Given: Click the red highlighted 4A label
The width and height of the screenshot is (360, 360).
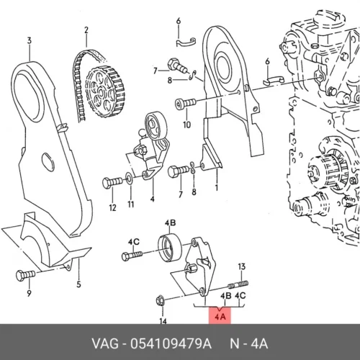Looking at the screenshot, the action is [220, 317].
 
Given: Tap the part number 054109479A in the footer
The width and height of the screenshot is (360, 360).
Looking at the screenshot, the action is [171, 343].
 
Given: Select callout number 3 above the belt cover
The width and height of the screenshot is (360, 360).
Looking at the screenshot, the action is [29, 40].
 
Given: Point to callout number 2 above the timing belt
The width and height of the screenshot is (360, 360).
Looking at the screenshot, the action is [86, 30].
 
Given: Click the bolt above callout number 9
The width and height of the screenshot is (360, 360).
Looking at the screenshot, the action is [25, 276].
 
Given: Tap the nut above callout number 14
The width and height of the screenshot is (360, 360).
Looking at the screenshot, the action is [161, 301].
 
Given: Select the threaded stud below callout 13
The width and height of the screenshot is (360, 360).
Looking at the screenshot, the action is [238, 285].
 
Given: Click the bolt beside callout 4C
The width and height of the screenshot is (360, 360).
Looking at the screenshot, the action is [132, 256].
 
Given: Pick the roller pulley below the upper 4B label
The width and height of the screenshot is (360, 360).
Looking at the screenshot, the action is [170, 248].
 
